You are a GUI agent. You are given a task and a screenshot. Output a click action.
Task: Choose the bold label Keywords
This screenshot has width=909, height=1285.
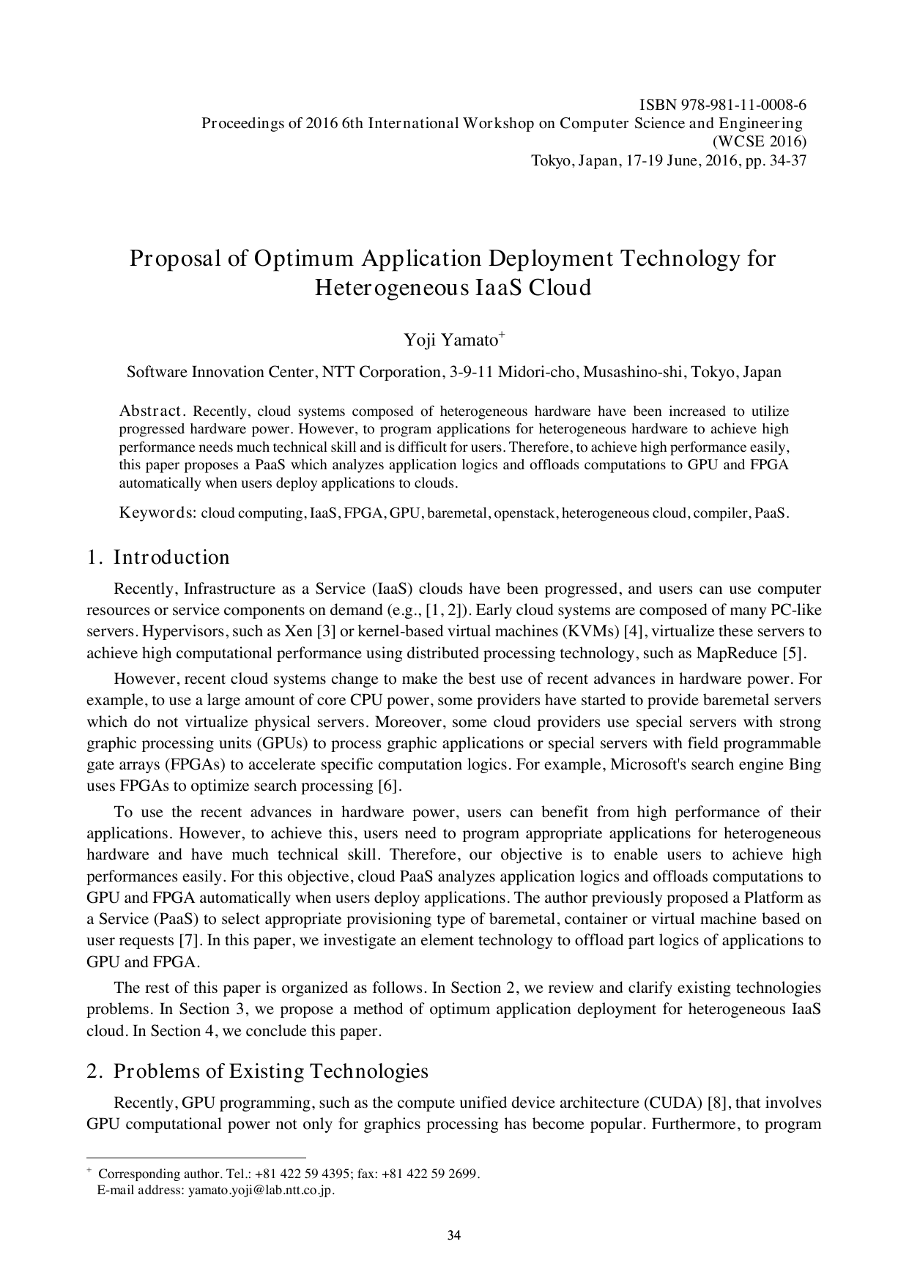(x=157, y=513)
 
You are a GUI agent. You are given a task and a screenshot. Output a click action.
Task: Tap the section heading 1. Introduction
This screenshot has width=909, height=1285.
(x=158, y=557)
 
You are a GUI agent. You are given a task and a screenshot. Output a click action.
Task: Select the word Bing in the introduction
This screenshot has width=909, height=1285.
(x=805, y=765)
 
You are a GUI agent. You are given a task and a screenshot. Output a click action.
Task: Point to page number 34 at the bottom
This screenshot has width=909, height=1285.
(x=454, y=1237)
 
